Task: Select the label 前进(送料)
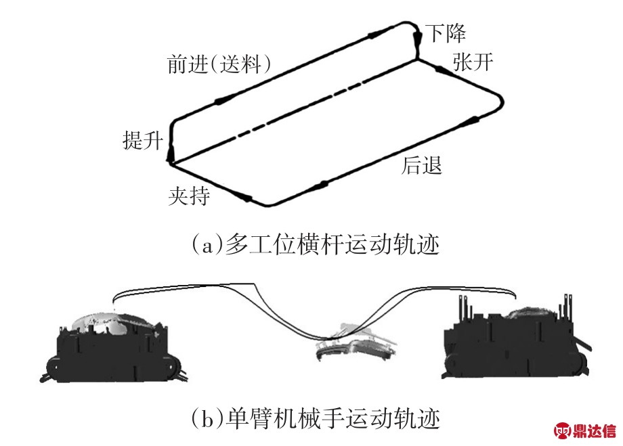(x=219, y=64)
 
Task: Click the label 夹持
(x=189, y=197)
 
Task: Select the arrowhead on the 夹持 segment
(x=245, y=198)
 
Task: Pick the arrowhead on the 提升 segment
(x=170, y=146)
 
